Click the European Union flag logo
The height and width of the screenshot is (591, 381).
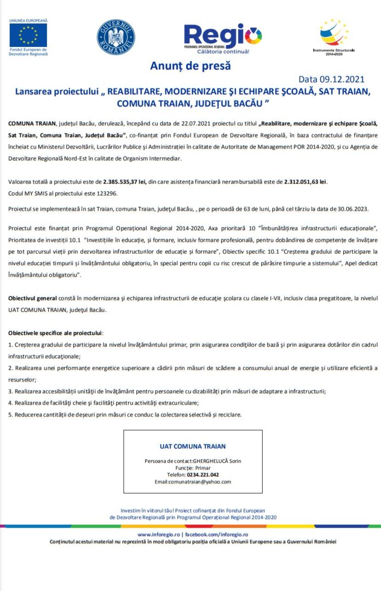coord(28,35)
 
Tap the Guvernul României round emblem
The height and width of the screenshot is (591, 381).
coord(116,37)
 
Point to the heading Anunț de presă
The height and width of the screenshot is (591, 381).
coord(190,66)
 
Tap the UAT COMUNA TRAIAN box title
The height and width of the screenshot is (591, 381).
coord(193,446)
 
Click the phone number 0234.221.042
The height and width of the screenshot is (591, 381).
coord(203,475)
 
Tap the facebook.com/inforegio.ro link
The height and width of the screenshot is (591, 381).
coord(217,534)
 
